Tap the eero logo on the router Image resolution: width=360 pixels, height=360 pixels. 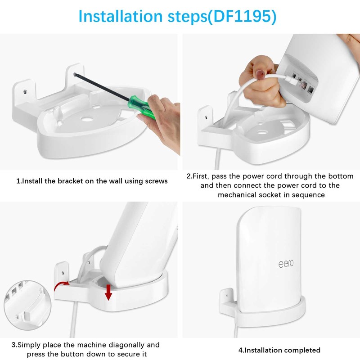click(x=286, y=264)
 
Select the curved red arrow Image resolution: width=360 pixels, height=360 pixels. click(x=61, y=285)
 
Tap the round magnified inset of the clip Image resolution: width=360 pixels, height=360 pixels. click(x=27, y=305)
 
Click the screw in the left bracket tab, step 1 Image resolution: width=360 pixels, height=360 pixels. click(x=25, y=92)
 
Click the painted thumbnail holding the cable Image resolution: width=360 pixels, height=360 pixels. click(x=261, y=75)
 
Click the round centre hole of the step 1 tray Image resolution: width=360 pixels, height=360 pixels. click(x=87, y=119)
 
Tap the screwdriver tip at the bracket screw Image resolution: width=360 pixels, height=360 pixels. click(x=75, y=74)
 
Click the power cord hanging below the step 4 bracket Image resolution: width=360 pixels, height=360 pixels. click(x=237, y=329)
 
